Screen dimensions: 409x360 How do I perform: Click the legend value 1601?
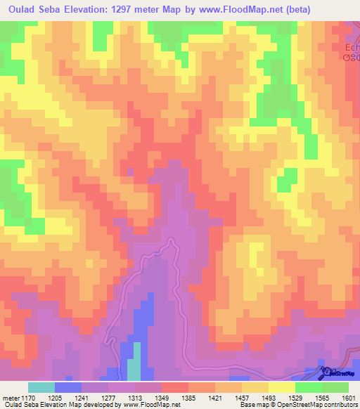[347, 397]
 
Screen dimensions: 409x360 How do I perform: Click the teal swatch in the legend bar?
[41, 387]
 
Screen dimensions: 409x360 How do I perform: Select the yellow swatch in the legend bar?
[281, 387]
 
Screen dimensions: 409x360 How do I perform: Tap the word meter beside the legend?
[11, 397]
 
